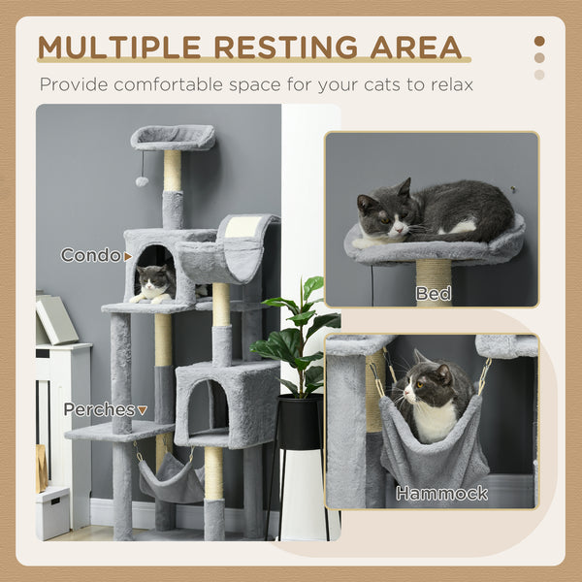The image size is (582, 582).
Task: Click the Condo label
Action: (x=91, y=255)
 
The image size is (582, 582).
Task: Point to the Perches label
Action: (x=100, y=409)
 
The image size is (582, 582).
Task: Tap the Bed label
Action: (x=434, y=293)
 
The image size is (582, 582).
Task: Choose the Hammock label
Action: (x=441, y=494)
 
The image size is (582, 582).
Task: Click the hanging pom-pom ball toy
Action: (x=142, y=180)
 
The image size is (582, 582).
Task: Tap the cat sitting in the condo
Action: (x=154, y=284)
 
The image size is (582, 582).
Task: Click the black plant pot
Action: (x=299, y=423)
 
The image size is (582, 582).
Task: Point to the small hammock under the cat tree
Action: (x=171, y=480)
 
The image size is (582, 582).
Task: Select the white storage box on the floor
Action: (x=52, y=511)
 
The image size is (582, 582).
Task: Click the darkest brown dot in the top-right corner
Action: (x=539, y=42)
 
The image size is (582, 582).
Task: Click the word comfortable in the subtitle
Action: (x=169, y=84)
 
